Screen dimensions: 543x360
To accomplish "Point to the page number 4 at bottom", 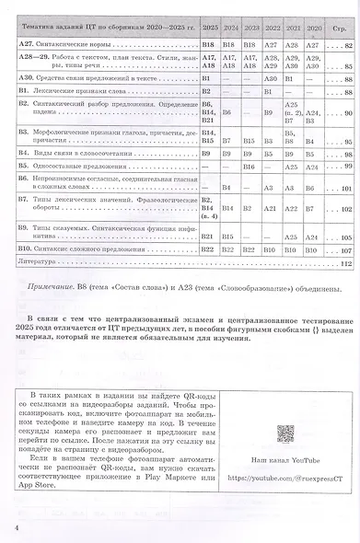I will [x=17, y=527].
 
